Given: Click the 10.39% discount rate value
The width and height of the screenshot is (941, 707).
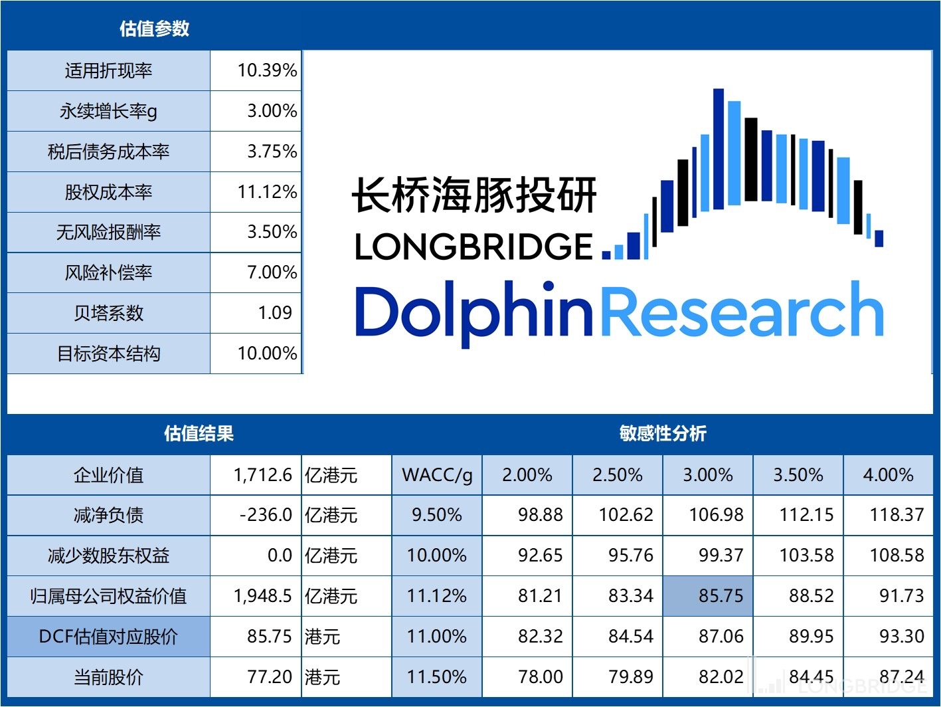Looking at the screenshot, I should (267, 70).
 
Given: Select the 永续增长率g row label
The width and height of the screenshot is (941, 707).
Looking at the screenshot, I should (108, 111).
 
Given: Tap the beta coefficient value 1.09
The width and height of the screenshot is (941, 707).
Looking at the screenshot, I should (275, 313).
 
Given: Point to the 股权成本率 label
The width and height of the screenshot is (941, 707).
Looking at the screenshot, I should (108, 192).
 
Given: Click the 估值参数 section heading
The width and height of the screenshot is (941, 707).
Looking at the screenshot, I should (154, 29).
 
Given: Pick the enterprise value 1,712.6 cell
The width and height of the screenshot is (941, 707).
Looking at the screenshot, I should (262, 475).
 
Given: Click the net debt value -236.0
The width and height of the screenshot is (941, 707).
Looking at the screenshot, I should (266, 515).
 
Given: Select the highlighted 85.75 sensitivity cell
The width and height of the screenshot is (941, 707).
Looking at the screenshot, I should (721, 596).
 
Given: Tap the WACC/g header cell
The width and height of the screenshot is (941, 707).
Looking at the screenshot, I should (437, 475).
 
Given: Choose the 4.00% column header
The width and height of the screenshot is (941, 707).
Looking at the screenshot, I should (888, 475).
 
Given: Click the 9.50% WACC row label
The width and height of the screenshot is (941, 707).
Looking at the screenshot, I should (436, 515).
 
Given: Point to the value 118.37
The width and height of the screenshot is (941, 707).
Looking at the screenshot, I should (897, 515).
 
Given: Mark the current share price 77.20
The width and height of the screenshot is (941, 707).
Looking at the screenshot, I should (269, 677).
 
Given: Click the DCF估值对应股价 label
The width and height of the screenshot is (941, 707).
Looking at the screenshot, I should (108, 637).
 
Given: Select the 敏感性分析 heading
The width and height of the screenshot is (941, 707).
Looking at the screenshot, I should (662, 434).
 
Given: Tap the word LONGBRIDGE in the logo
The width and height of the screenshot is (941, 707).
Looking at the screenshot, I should (473, 247).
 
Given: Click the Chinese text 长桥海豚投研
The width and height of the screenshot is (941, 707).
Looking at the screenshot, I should (474, 195).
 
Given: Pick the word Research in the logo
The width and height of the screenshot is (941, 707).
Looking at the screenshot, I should (742, 311).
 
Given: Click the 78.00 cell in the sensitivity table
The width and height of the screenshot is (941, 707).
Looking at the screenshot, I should (541, 677).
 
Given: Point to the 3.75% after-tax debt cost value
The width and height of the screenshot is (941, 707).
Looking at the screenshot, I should (272, 151).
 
